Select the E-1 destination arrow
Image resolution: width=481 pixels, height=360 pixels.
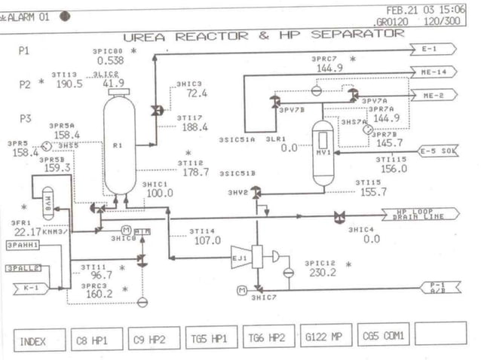(434, 49)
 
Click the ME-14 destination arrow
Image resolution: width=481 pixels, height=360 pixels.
(436, 72)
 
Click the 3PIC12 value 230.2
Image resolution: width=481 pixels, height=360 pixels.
(322, 273)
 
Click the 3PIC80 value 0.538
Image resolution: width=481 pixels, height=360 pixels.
(110, 60)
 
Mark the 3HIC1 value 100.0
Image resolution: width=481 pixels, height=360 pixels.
(159, 193)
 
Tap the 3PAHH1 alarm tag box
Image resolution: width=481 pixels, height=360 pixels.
(23, 246)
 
